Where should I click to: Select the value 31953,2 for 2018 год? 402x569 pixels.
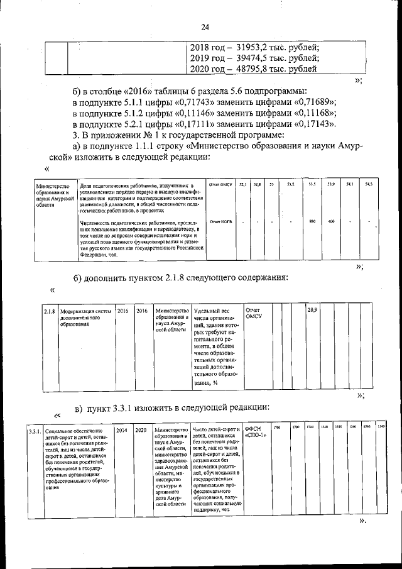click(256, 47)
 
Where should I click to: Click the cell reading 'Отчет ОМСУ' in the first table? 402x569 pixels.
click(221, 184)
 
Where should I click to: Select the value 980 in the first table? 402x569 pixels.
click(312, 221)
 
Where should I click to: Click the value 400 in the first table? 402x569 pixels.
click(331, 221)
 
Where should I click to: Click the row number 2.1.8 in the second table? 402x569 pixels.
click(50, 311)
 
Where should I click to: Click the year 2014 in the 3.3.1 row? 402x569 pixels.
click(122, 431)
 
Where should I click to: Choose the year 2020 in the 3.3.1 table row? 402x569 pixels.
click(141, 431)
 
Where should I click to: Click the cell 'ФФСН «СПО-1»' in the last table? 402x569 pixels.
click(255, 433)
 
